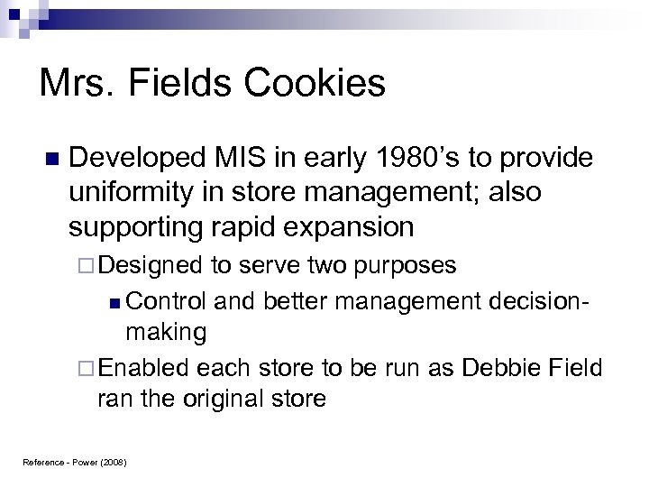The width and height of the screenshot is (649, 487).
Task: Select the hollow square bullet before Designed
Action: [x=87, y=267]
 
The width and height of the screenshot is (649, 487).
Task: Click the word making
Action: [x=167, y=332]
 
